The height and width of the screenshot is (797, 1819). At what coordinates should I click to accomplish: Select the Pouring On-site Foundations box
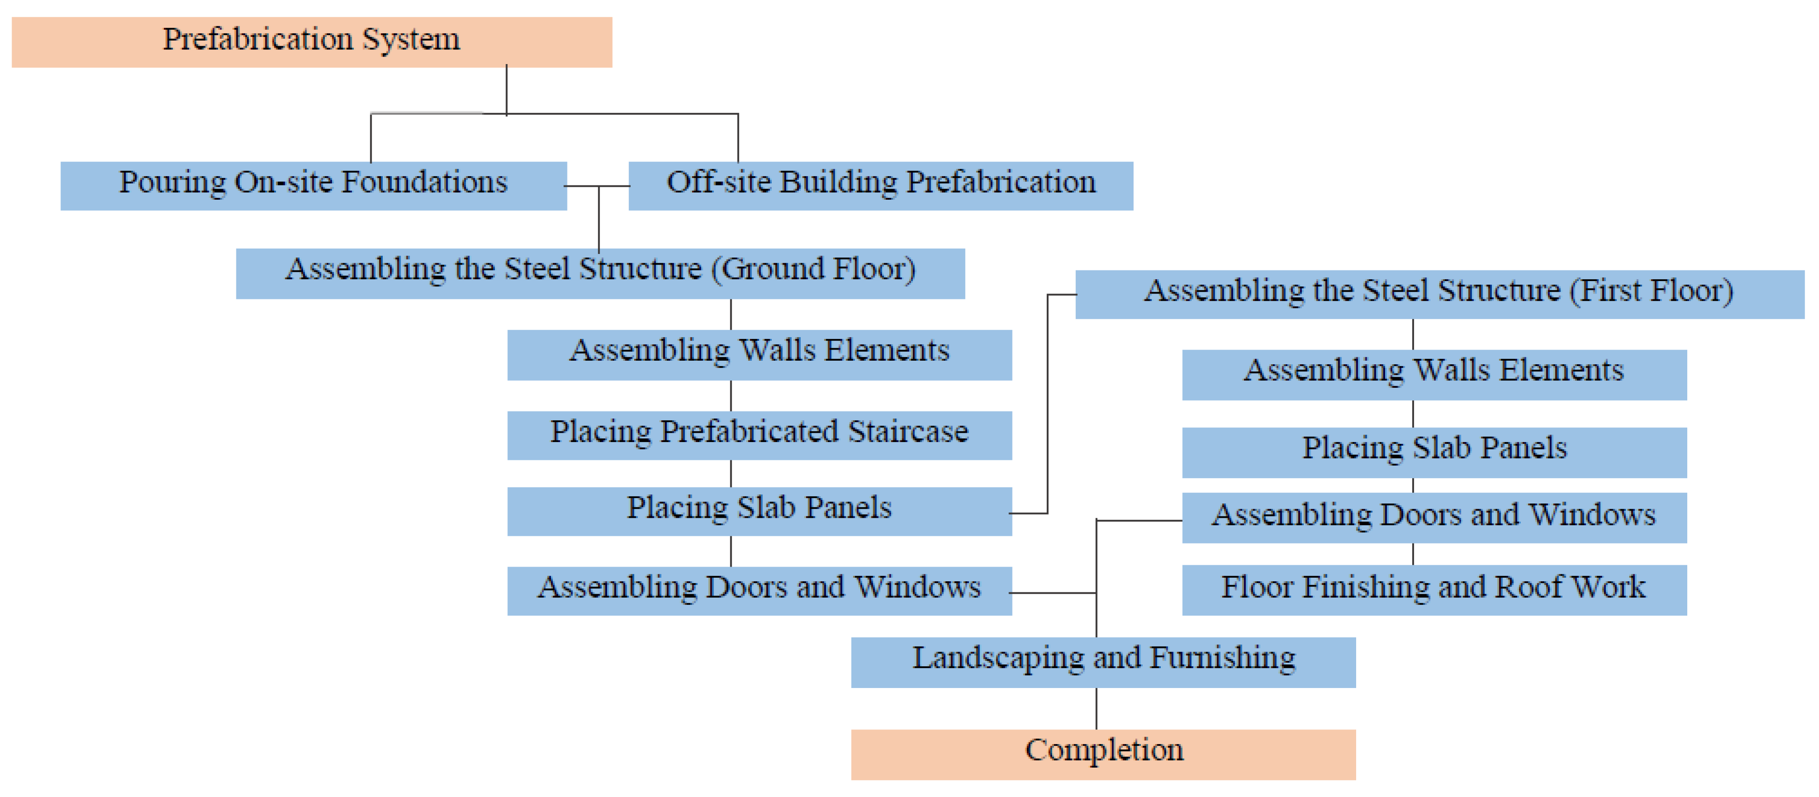click(x=313, y=185)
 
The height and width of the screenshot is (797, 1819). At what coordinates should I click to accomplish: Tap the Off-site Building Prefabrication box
click(x=880, y=185)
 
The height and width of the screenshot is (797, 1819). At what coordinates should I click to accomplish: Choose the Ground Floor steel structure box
click(x=600, y=273)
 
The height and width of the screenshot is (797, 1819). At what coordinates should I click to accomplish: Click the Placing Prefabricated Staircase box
click(x=759, y=435)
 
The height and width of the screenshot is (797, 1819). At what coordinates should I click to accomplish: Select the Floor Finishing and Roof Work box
click(x=1434, y=589)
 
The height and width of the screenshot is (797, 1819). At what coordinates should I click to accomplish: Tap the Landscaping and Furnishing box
click(x=1103, y=661)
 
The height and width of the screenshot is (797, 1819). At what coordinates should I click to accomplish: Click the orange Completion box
click(x=1103, y=754)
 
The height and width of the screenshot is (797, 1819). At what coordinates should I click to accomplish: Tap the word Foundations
click(x=425, y=182)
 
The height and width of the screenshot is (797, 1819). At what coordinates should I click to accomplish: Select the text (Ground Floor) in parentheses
click(x=814, y=269)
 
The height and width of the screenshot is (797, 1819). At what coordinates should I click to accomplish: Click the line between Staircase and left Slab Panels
click(x=731, y=473)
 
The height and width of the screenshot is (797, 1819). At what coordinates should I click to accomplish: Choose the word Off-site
click(x=718, y=182)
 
